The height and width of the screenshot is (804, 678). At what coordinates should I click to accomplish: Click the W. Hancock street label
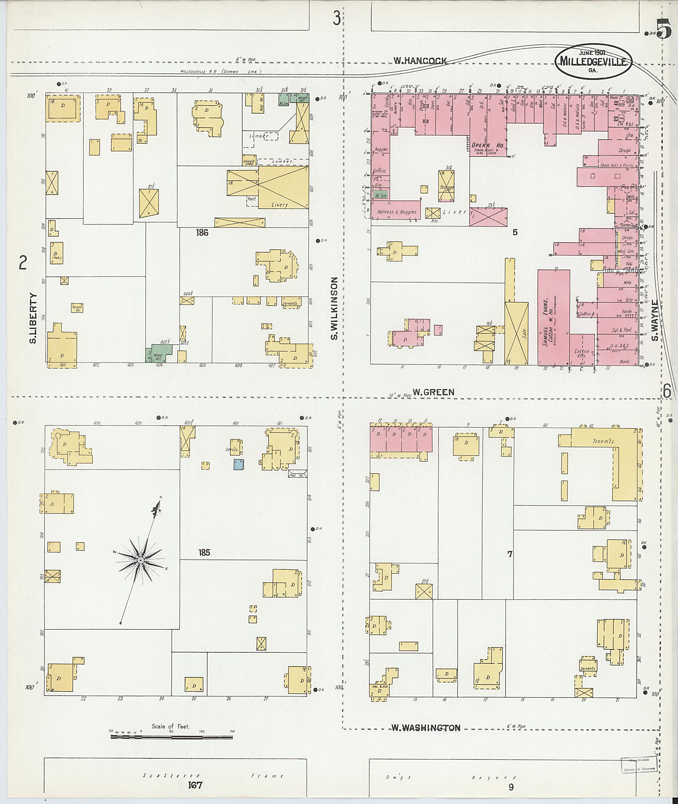(x=420, y=61)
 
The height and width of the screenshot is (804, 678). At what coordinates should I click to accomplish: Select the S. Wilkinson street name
(x=334, y=308)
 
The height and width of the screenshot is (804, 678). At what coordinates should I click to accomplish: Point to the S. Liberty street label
(x=33, y=318)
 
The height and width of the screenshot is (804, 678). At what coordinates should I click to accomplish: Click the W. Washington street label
(x=426, y=728)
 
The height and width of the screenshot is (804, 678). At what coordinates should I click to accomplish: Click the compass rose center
(x=141, y=561)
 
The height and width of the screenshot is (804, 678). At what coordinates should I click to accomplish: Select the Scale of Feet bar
(x=171, y=737)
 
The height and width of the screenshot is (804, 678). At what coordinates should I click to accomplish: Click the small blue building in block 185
(x=238, y=464)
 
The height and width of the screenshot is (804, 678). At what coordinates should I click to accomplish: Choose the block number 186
(x=202, y=232)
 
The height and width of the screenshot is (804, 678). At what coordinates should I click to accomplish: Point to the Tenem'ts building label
(x=603, y=441)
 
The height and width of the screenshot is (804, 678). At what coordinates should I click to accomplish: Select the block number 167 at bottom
(x=195, y=785)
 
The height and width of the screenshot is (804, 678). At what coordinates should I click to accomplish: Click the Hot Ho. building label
(x=298, y=475)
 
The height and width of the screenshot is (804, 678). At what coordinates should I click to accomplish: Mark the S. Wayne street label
(x=654, y=320)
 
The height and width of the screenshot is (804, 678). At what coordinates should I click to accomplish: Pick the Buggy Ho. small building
(x=77, y=308)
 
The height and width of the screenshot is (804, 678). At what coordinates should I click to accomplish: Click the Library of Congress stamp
(x=635, y=764)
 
